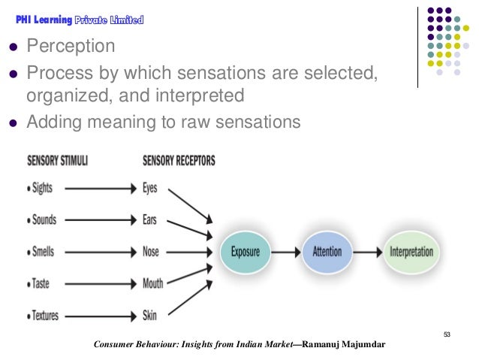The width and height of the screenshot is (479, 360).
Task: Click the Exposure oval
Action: click(x=246, y=252)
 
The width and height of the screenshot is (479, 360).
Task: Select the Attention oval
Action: click(x=327, y=252)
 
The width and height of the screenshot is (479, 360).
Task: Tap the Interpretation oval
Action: click(x=411, y=252)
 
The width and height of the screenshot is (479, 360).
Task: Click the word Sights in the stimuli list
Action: click(x=42, y=188)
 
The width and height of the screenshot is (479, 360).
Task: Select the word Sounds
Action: click(x=45, y=220)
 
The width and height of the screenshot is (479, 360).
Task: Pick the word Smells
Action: click(x=44, y=252)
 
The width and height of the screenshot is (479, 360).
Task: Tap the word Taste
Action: click(x=41, y=284)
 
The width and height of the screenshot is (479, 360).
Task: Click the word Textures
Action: click(x=46, y=316)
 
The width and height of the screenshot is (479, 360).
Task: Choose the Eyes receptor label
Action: click(x=149, y=188)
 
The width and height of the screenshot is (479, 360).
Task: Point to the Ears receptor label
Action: click(x=149, y=220)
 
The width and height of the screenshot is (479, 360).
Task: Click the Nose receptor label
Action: click(x=150, y=252)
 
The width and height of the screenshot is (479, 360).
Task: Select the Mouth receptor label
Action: click(x=152, y=284)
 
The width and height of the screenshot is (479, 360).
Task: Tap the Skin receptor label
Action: click(x=149, y=316)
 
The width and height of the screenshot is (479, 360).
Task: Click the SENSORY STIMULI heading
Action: click(x=57, y=161)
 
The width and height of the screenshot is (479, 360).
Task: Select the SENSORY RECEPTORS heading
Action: click(x=178, y=161)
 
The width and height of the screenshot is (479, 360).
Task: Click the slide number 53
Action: click(x=447, y=334)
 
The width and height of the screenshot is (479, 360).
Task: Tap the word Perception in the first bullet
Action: click(x=71, y=47)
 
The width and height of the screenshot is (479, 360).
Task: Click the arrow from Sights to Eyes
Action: click(x=98, y=188)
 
